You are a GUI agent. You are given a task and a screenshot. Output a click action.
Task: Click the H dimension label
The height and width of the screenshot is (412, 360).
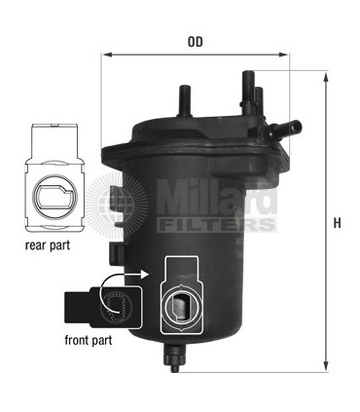(x=338, y=222)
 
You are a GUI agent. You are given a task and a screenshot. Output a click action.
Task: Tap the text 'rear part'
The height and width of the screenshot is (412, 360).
(x=47, y=245)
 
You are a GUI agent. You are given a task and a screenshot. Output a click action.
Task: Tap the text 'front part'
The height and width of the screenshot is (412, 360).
(x=89, y=340)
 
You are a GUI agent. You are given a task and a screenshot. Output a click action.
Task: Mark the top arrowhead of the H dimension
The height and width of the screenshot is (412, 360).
(x=324, y=75)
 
